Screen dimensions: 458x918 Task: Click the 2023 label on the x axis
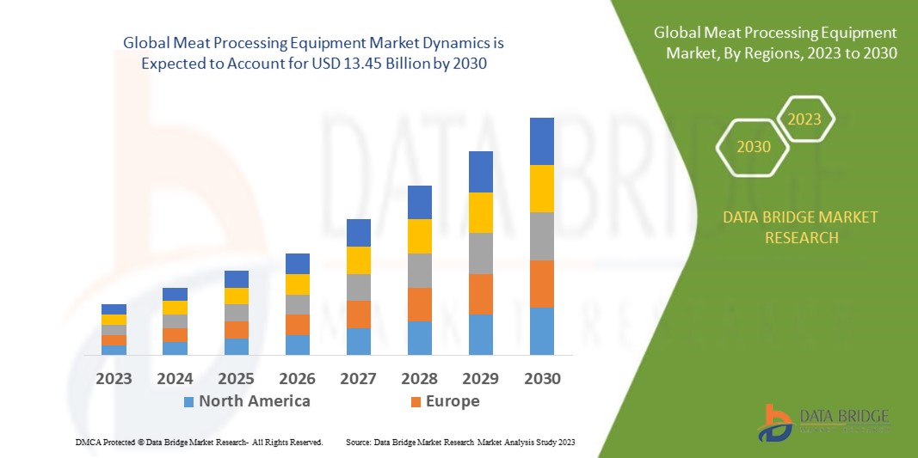click(x=114, y=378)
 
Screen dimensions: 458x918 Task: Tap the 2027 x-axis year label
click(x=359, y=378)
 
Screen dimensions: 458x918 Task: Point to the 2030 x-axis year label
click(x=542, y=378)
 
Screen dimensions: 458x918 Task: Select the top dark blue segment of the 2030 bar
click(x=542, y=141)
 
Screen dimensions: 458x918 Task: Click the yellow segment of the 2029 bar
click(x=481, y=212)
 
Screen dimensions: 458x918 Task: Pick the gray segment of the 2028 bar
click(x=420, y=270)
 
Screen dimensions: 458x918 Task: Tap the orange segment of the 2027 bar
click(x=359, y=314)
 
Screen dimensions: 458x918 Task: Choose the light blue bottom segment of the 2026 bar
click(x=298, y=345)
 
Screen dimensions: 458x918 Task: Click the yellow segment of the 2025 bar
click(x=237, y=296)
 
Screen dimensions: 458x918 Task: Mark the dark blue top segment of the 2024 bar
click(x=176, y=294)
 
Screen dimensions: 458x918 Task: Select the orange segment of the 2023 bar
click(x=114, y=340)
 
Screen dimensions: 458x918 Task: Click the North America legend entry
click(x=247, y=401)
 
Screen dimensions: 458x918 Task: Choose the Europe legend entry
click(x=445, y=401)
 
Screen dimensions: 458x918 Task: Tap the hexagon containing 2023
click(x=805, y=119)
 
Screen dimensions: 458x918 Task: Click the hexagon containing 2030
click(x=754, y=147)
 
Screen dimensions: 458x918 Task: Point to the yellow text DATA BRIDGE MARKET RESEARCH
click(x=801, y=227)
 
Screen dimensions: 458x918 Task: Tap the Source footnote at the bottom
click(x=460, y=442)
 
